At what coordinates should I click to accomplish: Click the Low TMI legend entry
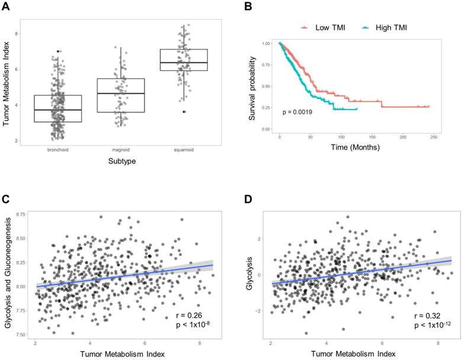click(323, 27)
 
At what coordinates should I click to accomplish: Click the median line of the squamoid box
click(184, 62)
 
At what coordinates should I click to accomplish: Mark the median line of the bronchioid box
click(57, 110)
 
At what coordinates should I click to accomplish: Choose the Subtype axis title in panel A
click(121, 160)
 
